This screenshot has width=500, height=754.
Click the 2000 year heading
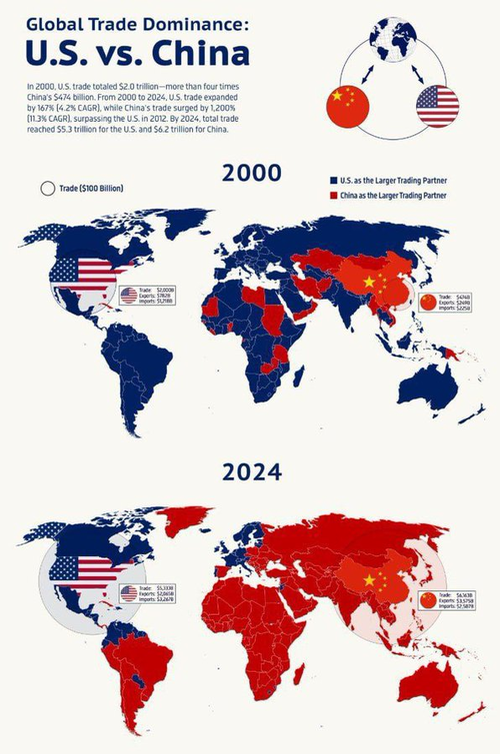(251, 172)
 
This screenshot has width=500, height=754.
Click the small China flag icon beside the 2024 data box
(428, 599)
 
